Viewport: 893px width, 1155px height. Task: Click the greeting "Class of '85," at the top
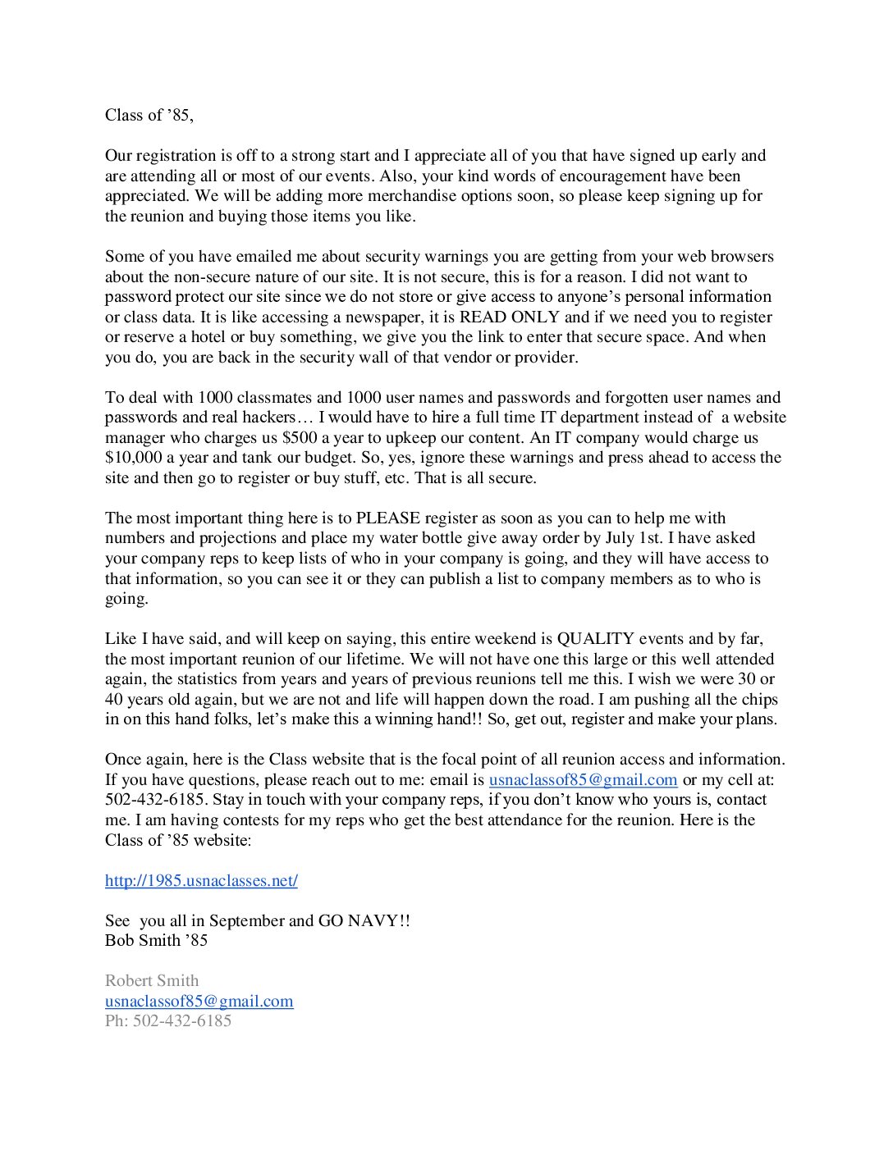(x=149, y=116)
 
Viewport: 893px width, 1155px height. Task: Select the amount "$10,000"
(x=134, y=458)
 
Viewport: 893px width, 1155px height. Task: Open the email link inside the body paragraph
(x=583, y=780)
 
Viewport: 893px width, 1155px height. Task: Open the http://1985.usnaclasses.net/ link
(x=201, y=881)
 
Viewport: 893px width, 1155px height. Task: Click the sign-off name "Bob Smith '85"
(x=156, y=941)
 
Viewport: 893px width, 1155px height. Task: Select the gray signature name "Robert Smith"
(x=152, y=981)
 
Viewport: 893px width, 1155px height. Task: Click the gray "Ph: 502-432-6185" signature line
(x=168, y=1021)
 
